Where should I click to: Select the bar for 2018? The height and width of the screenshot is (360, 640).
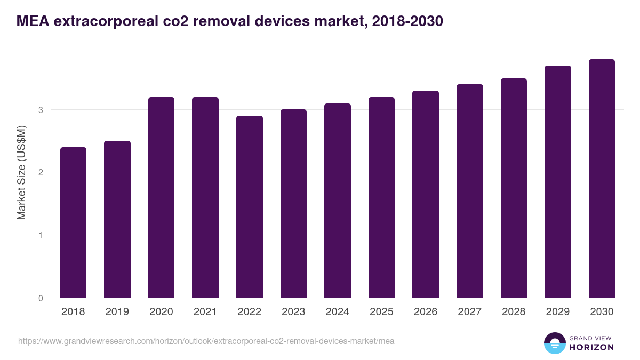pyautogui.click(x=73, y=222)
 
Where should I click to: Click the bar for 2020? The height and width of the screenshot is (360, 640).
pyautogui.click(x=161, y=197)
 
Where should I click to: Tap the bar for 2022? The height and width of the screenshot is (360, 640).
pyautogui.click(x=249, y=207)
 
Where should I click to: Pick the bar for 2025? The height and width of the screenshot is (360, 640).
pyautogui.click(x=381, y=197)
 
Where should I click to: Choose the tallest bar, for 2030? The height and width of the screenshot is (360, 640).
pyautogui.click(x=602, y=179)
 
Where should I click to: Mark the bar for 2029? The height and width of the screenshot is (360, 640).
pyautogui.click(x=557, y=182)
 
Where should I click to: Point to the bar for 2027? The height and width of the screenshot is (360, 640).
pyautogui.click(x=469, y=191)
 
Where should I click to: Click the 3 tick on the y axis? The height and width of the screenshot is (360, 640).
pyautogui.click(x=40, y=110)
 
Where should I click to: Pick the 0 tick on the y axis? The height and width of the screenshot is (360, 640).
pyautogui.click(x=40, y=298)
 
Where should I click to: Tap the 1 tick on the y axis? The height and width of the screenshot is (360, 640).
pyautogui.click(x=40, y=235)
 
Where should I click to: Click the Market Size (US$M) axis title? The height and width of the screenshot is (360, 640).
pyautogui.click(x=21, y=172)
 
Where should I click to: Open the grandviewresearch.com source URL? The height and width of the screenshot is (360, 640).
pyautogui.click(x=206, y=341)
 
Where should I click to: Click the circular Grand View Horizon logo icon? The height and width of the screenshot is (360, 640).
pyautogui.click(x=554, y=343)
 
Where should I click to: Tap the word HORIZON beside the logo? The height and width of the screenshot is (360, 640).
pyautogui.click(x=591, y=347)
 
